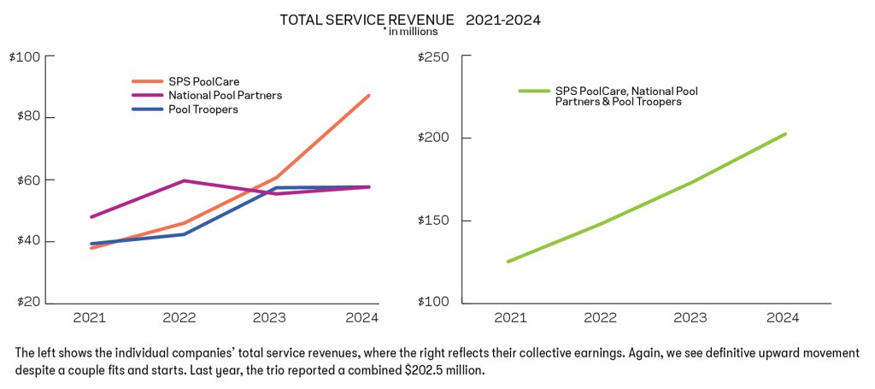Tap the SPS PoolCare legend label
point(203,81)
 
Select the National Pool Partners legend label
point(225,95)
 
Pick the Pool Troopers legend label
point(203,109)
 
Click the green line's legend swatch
point(533,90)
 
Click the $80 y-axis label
point(26,118)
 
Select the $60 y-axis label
point(26,180)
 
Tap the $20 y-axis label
point(26,303)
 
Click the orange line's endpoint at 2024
point(369,95)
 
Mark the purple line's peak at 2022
point(182,180)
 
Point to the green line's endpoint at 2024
point(785,133)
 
